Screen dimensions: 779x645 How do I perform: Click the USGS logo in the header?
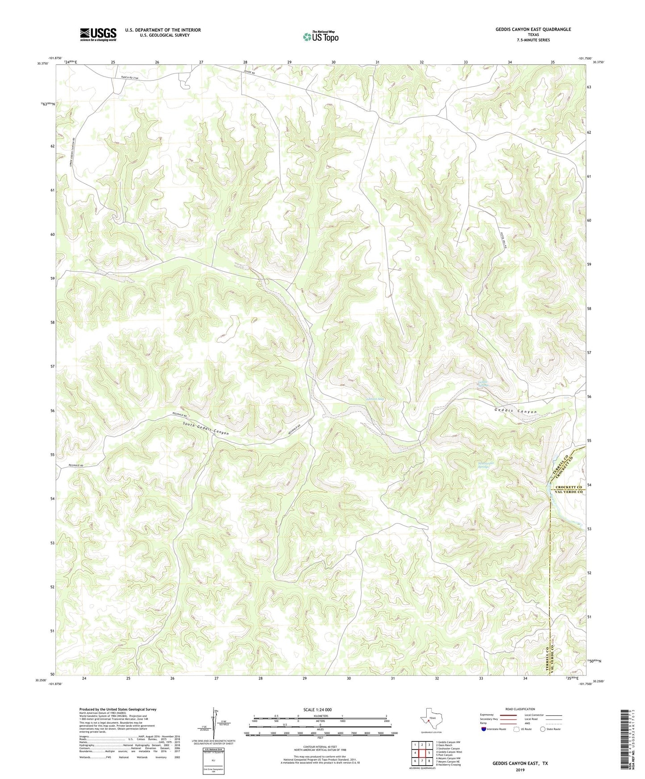point(98,34)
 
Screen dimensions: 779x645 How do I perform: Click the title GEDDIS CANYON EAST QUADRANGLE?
point(533,29)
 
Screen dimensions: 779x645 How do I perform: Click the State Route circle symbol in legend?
point(543,729)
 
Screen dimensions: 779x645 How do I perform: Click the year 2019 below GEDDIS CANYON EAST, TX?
point(520,770)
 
